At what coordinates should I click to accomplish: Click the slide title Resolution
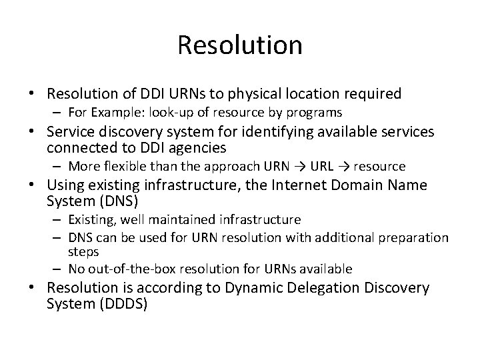[x=240, y=45]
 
